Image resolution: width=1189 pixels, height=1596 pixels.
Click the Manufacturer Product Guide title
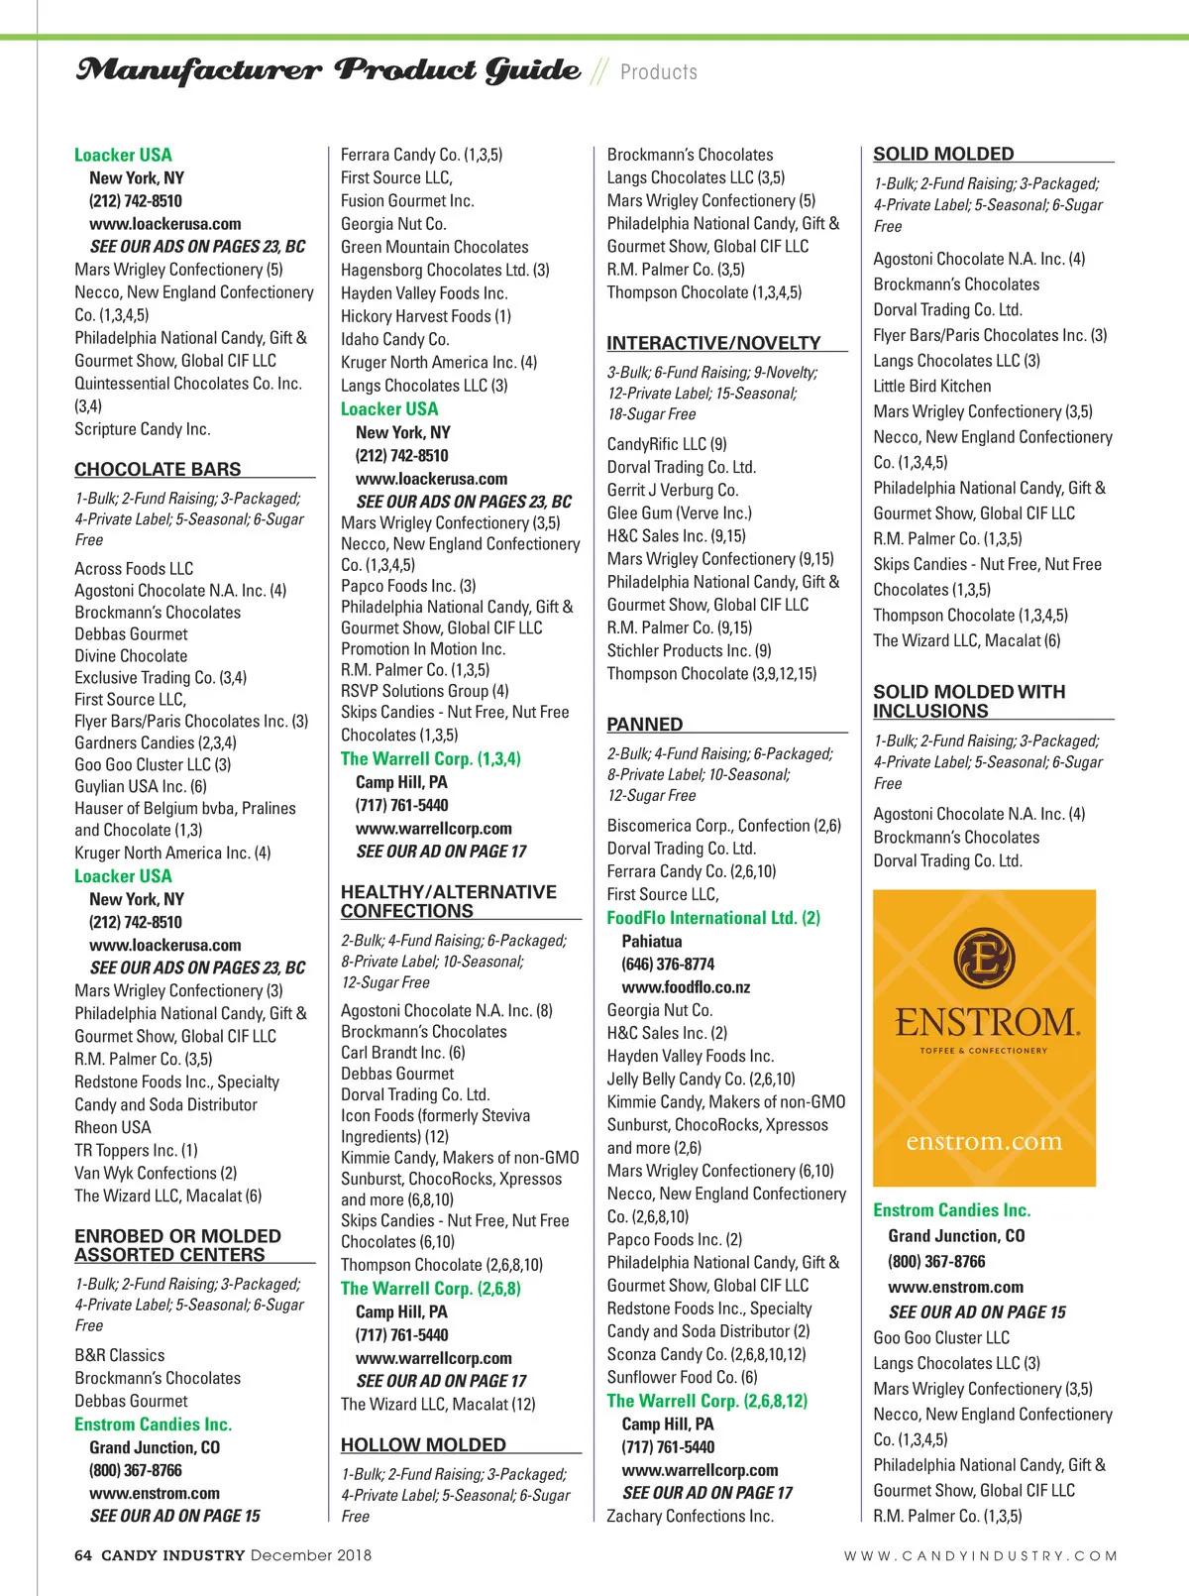pyautogui.click(x=328, y=70)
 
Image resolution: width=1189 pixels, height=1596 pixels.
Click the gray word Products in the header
pyautogui.click(x=659, y=72)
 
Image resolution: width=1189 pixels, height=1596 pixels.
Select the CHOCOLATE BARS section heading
pyautogui.click(x=158, y=469)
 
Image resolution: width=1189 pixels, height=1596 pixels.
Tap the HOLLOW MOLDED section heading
pyautogui.click(x=423, y=1444)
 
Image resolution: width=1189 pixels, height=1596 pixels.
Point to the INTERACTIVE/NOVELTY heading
pyautogui.click(x=713, y=343)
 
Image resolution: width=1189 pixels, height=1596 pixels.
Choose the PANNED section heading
pyautogui.click(x=645, y=724)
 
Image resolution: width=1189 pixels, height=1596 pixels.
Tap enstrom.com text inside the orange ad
pyautogui.click(x=984, y=1141)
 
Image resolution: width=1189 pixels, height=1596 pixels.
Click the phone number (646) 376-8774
pyautogui.click(x=668, y=964)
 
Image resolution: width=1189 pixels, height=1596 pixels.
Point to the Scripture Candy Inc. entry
pyautogui.click(x=143, y=429)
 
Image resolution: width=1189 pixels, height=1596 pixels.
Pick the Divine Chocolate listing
pyautogui.click(x=131, y=655)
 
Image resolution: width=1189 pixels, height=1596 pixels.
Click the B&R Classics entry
pyautogui.click(x=120, y=1355)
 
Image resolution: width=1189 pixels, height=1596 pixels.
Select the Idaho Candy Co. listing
pyautogui.click(x=394, y=339)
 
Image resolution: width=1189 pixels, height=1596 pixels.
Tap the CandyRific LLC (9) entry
pyautogui.click(x=667, y=444)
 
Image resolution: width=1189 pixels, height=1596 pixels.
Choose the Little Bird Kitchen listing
pyautogui.click(x=931, y=386)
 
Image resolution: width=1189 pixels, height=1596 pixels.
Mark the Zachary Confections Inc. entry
pyautogui.click(x=690, y=1516)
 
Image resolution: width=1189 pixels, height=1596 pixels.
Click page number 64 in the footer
pyautogui.click(x=83, y=1555)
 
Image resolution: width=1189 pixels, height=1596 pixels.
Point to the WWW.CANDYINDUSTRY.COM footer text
pyautogui.click(x=980, y=1556)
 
